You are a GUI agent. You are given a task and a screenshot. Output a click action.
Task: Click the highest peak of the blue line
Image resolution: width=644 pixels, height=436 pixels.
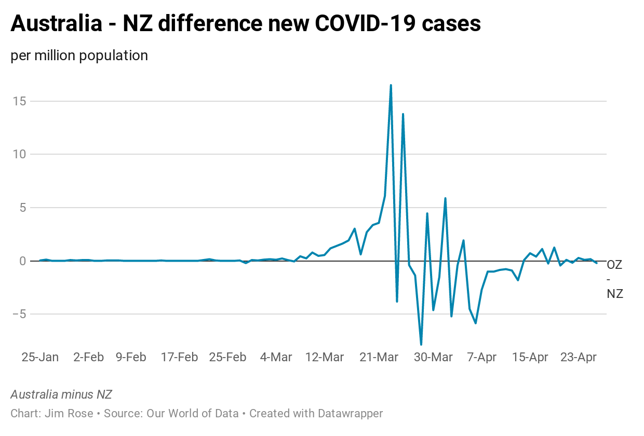(x=391, y=85)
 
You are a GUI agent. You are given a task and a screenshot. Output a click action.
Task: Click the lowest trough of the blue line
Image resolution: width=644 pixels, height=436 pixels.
(x=421, y=344)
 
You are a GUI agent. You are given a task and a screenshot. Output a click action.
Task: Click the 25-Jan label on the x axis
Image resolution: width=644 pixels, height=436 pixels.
(x=40, y=357)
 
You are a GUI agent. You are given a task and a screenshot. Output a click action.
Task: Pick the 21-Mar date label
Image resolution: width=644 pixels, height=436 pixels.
(x=380, y=357)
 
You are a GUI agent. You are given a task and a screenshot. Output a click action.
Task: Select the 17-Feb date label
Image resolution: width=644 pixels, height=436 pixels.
(x=180, y=357)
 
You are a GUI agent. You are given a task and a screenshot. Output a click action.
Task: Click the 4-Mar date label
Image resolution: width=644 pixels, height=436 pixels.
(x=276, y=357)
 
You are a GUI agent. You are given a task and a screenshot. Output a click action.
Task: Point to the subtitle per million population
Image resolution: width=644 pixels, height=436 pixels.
(x=79, y=56)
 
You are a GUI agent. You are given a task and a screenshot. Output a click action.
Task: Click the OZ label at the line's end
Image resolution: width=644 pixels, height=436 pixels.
(x=615, y=265)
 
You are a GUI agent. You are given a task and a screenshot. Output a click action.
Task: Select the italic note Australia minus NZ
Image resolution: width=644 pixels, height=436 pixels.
(x=61, y=394)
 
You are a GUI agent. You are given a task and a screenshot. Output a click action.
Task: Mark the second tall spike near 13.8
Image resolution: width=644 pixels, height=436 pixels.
(x=403, y=114)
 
